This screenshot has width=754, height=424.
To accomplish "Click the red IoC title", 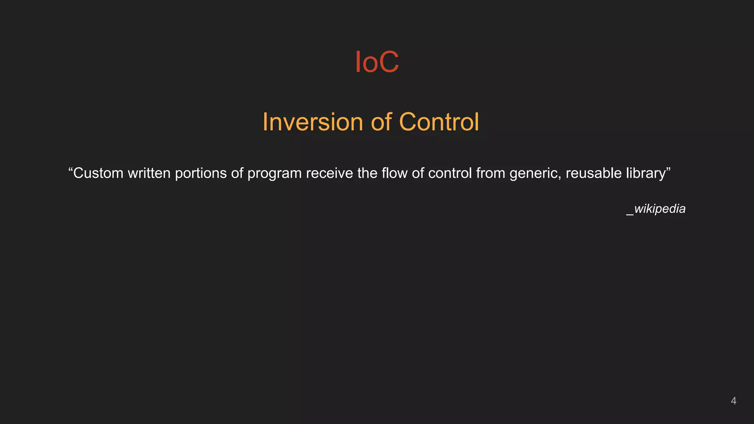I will [377, 62].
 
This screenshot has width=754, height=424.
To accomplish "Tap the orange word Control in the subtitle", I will [439, 122].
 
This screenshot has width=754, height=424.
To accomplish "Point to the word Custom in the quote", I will [98, 173].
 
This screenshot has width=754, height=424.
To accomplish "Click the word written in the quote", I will [149, 173].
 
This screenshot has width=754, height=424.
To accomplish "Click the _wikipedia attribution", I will [656, 209].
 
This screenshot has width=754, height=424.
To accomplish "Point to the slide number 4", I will [733, 401].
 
